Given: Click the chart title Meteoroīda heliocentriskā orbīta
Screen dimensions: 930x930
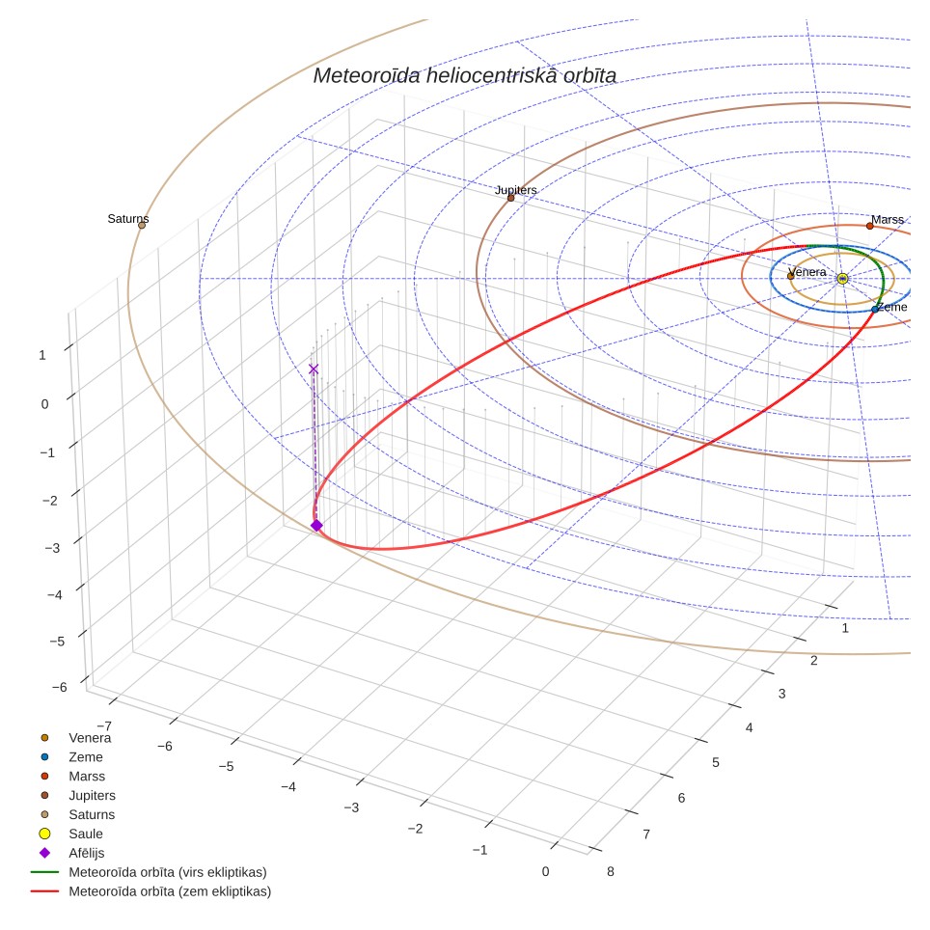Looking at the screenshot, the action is point(464,76).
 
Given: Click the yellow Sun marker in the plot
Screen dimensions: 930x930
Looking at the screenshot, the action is point(842,278).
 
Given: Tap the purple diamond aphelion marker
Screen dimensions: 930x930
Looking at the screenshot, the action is point(316,526).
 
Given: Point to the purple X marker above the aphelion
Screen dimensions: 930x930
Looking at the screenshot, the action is point(314,369).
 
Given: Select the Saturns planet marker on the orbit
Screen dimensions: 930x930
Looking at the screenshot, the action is point(142,226).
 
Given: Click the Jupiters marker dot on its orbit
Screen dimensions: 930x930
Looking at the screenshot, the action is point(510,198).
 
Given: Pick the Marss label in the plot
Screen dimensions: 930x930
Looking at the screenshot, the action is point(888,219).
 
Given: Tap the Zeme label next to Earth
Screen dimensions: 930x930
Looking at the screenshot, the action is point(892,307).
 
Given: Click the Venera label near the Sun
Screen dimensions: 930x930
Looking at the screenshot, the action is point(807,272).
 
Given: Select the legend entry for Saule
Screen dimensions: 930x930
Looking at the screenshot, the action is point(86,834).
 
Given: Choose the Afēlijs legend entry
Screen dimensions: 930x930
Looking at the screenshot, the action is point(87,853).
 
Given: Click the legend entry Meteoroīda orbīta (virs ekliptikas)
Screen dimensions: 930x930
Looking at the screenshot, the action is point(168,872).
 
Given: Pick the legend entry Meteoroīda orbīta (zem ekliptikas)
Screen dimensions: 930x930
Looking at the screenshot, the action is point(170,891).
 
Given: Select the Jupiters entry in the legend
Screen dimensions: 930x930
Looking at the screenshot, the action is point(92,795).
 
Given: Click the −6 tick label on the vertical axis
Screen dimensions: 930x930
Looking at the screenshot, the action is point(59,688).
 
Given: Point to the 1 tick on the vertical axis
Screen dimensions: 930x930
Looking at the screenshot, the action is point(42,355).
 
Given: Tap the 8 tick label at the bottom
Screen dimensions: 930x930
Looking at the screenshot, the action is point(611,872).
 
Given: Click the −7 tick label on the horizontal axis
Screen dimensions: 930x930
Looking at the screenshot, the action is point(104,726).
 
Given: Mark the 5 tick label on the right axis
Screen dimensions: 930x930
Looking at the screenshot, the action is point(716,763).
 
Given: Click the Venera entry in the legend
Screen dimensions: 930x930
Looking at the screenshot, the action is point(90,738).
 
